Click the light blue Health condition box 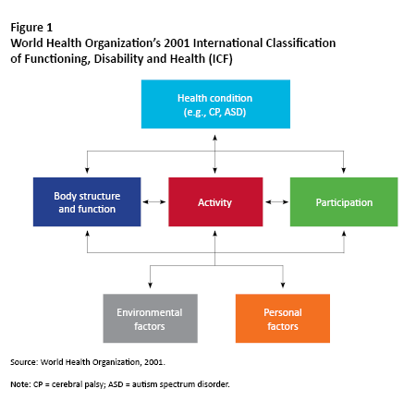(215, 104)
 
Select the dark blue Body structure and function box (87, 201)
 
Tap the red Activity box (215, 201)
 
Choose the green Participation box (344, 201)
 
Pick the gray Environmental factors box (150, 318)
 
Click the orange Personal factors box (283, 318)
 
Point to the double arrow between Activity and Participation (276, 202)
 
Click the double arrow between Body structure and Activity (154, 202)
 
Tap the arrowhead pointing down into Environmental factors (150, 285)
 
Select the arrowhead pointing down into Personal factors (283, 285)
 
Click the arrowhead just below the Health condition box (215, 138)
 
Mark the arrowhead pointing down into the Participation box (344, 170)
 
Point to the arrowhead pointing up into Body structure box (87, 234)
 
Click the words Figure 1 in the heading (31, 28)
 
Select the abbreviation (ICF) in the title (221, 58)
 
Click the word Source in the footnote (24, 362)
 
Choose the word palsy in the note (95, 384)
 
